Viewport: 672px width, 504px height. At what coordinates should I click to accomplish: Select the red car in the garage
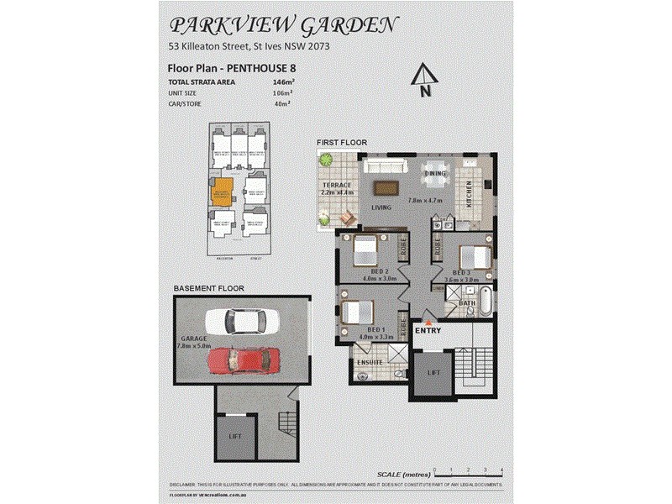coord(242,361)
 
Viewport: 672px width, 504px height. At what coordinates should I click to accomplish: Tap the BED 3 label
coord(460,273)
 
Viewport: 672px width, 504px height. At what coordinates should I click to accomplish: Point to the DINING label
coord(435,174)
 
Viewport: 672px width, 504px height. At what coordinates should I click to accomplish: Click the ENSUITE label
coord(370,362)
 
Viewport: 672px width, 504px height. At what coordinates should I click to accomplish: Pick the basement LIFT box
coord(235,437)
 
